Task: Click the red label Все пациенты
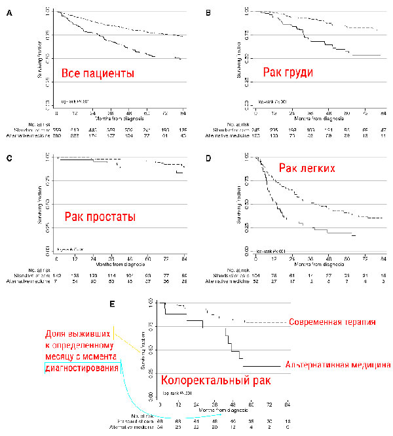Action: click(98, 73)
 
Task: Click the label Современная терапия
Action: click(335, 322)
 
